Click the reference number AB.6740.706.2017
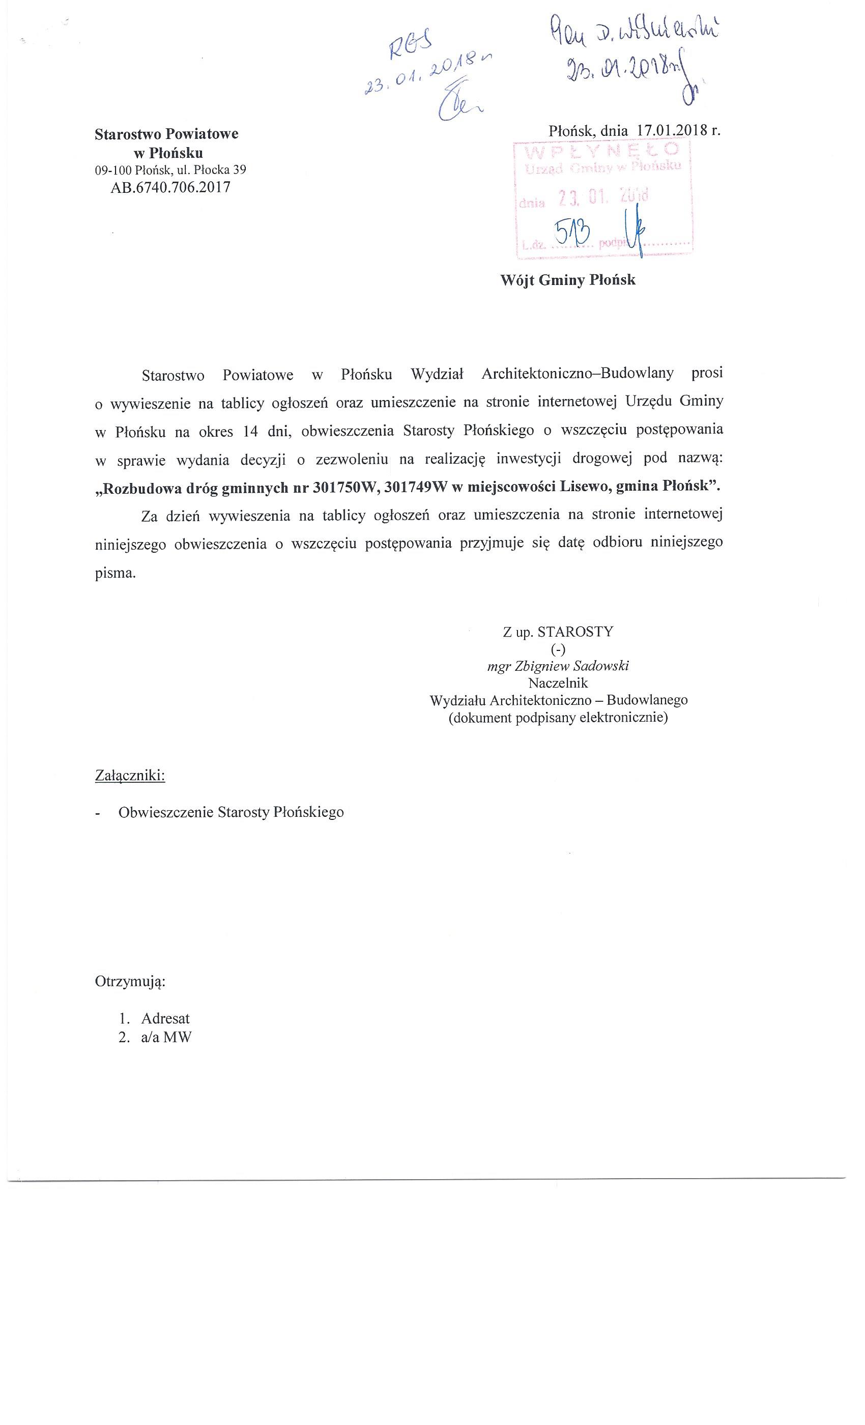tap(170, 187)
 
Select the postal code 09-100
tap(113, 170)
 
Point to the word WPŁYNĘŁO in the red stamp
tap(601, 150)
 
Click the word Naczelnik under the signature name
tap(558, 683)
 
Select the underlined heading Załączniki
tap(130, 776)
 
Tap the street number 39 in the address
tap(239, 170)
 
